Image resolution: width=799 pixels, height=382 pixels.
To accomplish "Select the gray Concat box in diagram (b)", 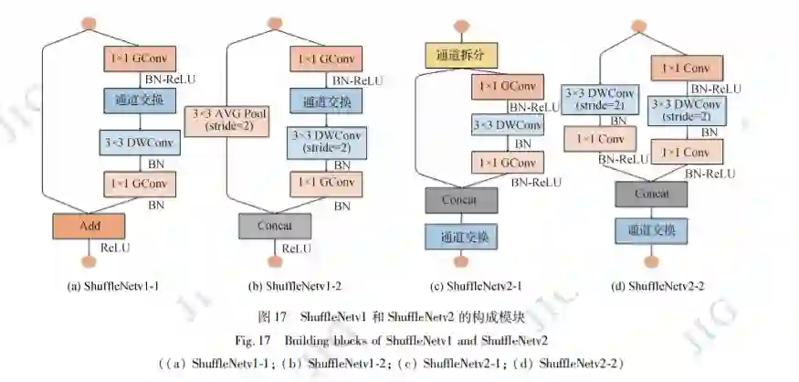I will coord(276,225).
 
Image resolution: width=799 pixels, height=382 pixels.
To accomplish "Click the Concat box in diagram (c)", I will coord(461,199).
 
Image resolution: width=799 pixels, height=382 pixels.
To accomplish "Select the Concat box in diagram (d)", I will coord(651,194).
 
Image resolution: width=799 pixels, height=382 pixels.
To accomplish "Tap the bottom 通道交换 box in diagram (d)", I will coord(651,231).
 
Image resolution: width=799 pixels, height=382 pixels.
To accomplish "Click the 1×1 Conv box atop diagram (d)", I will coord(687,69).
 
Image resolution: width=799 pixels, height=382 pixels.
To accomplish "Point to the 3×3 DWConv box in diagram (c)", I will coord(506,124).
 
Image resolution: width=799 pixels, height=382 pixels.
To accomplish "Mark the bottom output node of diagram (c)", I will coord(461,262).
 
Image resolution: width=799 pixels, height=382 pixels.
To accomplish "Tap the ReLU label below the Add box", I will coord(115,247).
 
